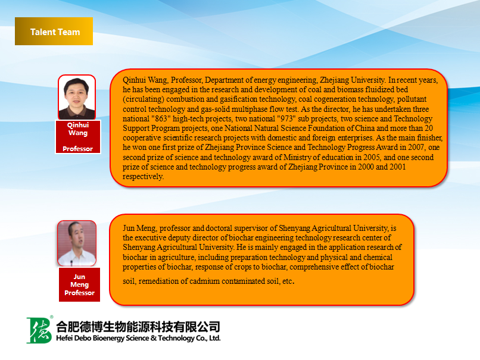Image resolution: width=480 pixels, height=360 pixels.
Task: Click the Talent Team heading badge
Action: [54, 31]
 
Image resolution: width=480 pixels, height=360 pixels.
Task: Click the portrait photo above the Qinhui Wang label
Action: [77, 97]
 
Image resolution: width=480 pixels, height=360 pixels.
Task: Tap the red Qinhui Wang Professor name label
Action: [78, 137]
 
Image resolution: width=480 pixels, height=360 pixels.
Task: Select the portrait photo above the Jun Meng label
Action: [77, 243]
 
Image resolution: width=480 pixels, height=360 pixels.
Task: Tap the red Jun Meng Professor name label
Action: [80, 285]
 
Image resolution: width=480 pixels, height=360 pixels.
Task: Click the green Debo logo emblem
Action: [39, 330]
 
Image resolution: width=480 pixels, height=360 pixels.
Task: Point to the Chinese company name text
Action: [138, 327]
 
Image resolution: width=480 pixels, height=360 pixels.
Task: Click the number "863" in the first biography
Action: [161, 118]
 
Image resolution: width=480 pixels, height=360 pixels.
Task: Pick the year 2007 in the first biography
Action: [416, 148]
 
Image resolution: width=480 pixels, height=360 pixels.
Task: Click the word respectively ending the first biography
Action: [143, 177]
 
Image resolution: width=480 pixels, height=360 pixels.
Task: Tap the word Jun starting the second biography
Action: [129, 228]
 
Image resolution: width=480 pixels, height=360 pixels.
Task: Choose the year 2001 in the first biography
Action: [398, 167]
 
